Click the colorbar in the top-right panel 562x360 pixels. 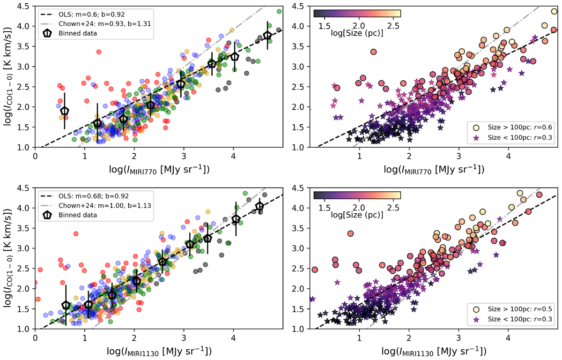tap(357, 13)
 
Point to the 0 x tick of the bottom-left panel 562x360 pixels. tap(35, 337)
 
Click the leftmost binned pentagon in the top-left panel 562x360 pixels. tap(65, 111)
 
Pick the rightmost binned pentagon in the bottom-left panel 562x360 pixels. tap(259, 207)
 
